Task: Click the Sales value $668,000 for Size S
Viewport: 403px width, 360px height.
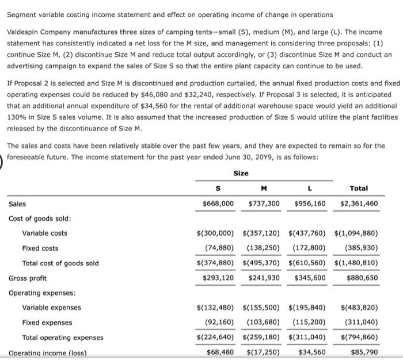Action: (219, 204)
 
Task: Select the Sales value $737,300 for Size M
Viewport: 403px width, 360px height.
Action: (264, 204)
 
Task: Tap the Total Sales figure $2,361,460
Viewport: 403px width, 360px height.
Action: (359, 204)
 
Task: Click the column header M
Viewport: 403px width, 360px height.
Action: (264, 188)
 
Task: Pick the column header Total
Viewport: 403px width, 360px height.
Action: (359, 188)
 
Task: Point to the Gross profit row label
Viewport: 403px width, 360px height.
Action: (28, 278)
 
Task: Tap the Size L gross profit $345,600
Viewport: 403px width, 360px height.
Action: (310, 278)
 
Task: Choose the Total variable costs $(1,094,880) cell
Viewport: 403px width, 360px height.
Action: (356, 233)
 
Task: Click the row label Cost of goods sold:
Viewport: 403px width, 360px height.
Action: (40, 219)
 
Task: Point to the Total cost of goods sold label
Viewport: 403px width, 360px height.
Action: (60, 263)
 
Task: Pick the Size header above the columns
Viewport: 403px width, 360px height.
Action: (241, 173)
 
